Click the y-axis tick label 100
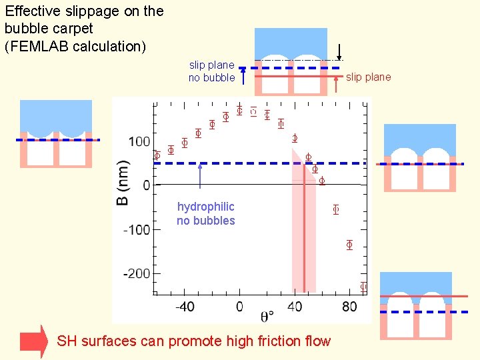(139, 141)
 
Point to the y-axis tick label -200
(136, 273)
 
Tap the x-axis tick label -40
(185, 307)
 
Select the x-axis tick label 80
(349, 307)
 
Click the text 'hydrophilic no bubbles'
(205, 213)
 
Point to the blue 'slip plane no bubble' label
(211, 71)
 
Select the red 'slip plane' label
(368, 77)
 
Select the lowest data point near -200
(363, 287)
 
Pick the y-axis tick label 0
(147, 185)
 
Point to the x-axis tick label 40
(295, 307)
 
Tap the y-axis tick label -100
(136, 229)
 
